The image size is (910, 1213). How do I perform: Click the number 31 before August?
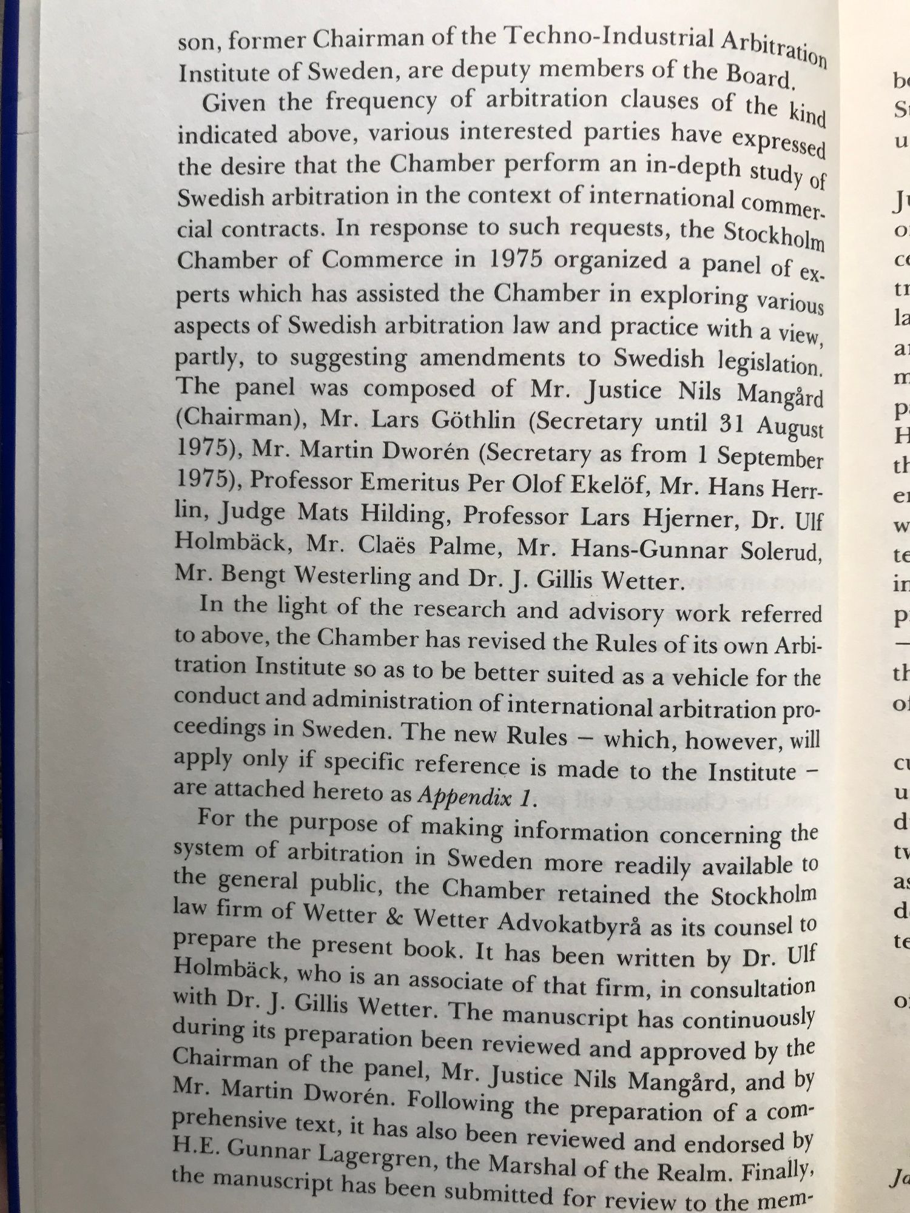click(735, 423)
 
